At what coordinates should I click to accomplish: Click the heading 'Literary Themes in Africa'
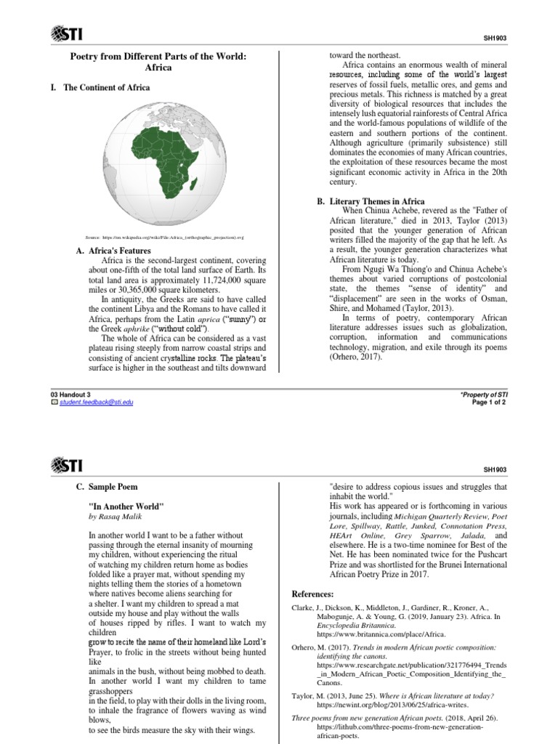click(x=378, y=201)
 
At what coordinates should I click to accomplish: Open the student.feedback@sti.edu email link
click(x=92, y=402)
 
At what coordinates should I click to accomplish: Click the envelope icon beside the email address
click(x=52, y=402)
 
